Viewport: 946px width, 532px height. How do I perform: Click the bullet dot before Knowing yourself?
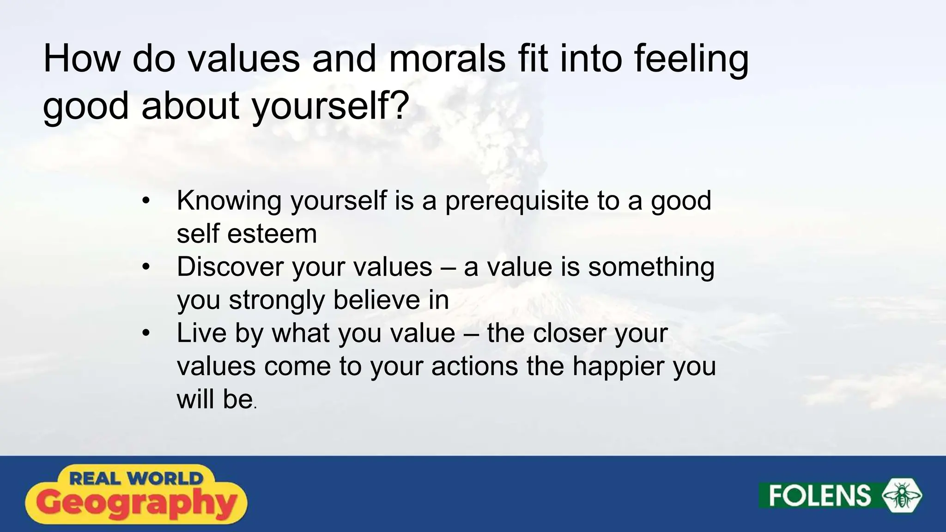[146, 201]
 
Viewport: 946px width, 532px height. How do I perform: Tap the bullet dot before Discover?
[146, 267]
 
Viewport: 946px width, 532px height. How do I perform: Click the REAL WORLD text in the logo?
[136, 478]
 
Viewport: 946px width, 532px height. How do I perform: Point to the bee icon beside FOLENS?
[902, 496]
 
